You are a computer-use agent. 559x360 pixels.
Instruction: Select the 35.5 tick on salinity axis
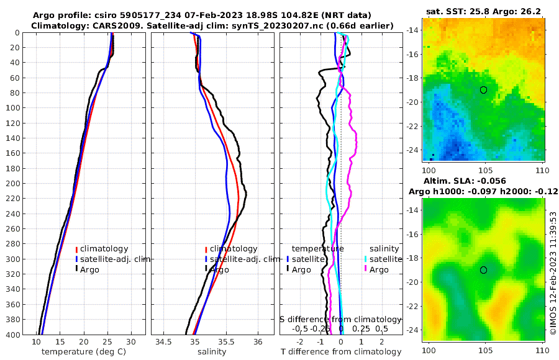(x=227, y=343)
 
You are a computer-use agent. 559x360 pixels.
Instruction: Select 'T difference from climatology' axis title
(x=341, y=352)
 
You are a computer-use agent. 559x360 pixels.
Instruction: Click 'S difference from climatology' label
(x=341, y=319)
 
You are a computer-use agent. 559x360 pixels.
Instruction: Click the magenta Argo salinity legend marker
(x=366, y=269)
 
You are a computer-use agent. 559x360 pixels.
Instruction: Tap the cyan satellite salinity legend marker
(x=366, y=259)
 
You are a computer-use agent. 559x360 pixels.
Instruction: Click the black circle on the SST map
(x=483, y=90)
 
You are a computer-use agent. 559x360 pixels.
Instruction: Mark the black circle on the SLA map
(x=483, y=270)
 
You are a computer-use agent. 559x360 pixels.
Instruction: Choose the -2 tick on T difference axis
(x=301, y=343)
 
